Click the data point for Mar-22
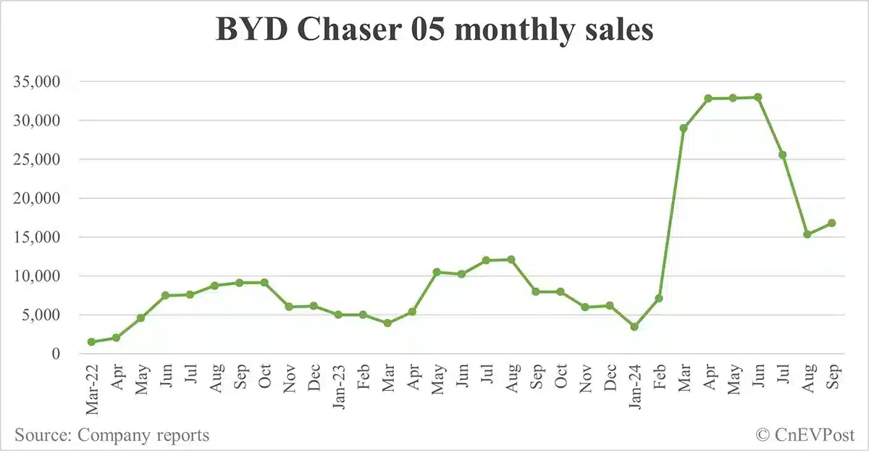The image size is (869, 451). tap(92, 342)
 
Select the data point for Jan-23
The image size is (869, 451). tap(338, 315)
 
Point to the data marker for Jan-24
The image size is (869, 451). tap(634, 327)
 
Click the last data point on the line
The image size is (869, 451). tap(831, 223)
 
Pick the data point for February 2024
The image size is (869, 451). tap(659, 298)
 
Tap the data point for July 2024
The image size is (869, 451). tap(782, 154)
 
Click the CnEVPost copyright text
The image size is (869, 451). tap(805, 435)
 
